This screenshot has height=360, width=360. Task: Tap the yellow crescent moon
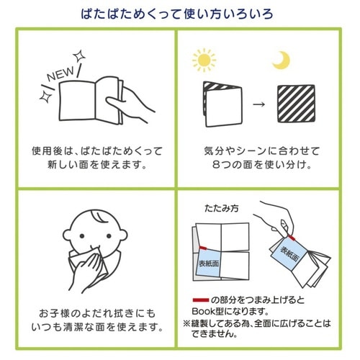coord(280,59)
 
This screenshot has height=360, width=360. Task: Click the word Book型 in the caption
coord(199,311)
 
